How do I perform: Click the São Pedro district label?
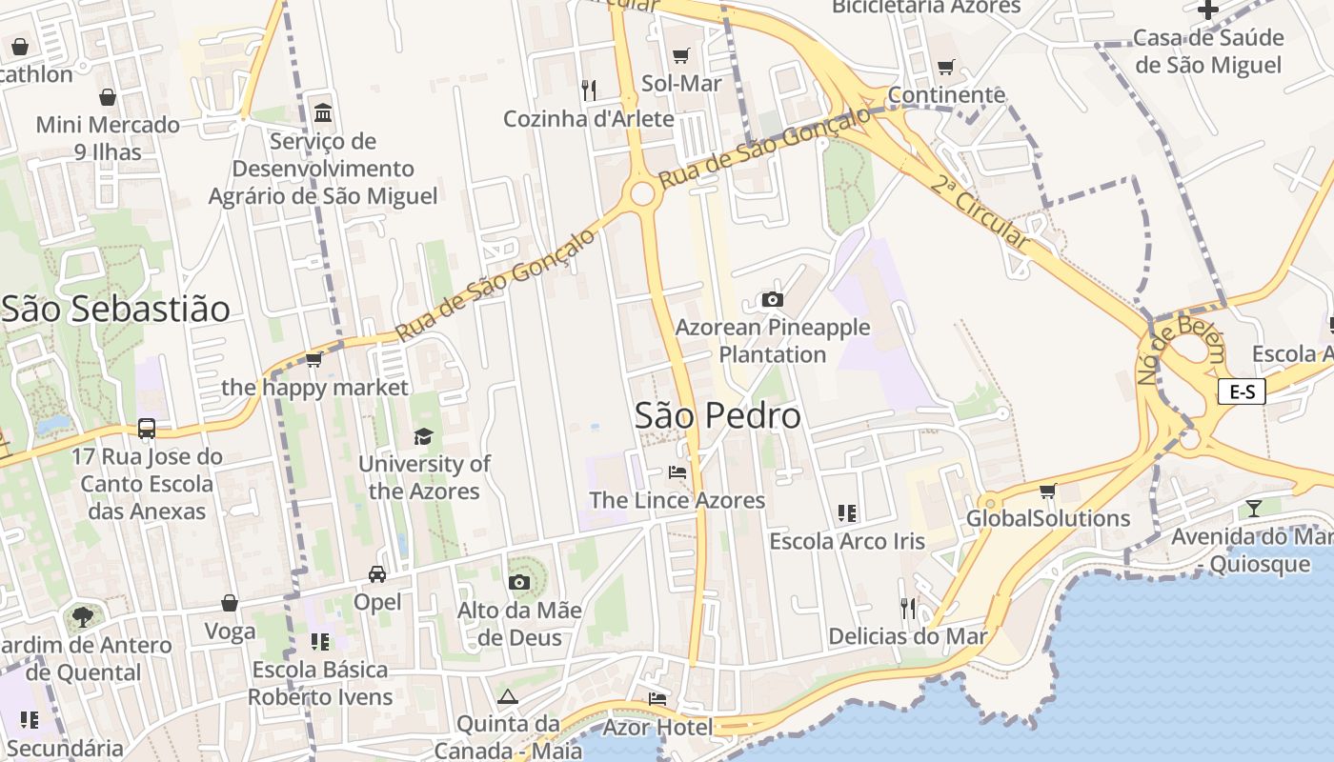(x=718, y=416)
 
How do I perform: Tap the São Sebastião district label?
(x=115, y=310)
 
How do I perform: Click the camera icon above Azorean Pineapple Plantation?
(x=773, y=300)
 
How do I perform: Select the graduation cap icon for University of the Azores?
(x=423, y=436)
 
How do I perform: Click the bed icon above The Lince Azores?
(x=677, y=472)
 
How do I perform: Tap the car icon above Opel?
(x=377, y=574)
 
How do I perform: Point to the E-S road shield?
(x=1242, y=391)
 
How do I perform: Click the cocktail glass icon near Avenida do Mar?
(x=1254, y=508)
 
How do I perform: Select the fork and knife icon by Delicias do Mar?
(x=908, y=608)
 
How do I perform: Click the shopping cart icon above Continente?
(x=945, y=68)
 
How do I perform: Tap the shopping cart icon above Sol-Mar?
(x=680, y=56)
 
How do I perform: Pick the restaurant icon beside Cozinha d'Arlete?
(x=589, y=90)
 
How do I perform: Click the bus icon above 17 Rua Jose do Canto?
(x=147, y=429)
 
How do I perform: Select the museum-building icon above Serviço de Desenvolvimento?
(x=323, y=113)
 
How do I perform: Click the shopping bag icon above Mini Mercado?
(x=108, y=97)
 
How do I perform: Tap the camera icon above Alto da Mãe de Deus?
(x=519, y=582)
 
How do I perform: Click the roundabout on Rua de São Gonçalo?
(x=642, y=194)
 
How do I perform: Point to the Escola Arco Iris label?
(x=847, y=541)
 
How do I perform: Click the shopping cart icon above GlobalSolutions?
(x=1048, y=491)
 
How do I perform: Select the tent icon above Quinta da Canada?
(x=507, y=696)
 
